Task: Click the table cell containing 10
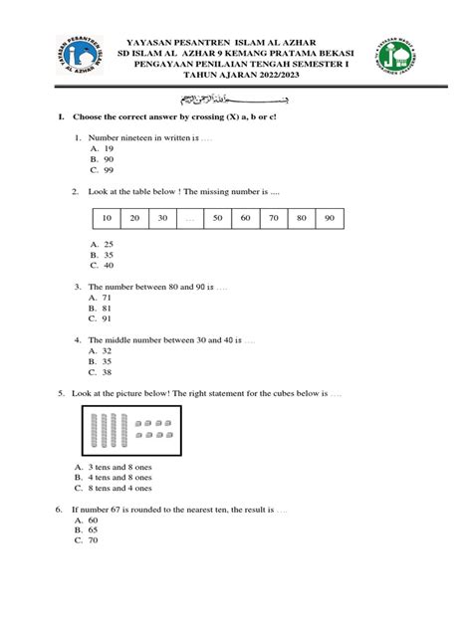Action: (108, 218)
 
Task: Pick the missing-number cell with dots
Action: (190, 218)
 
